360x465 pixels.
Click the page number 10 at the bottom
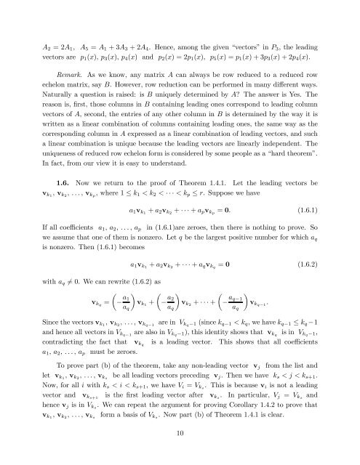coord(180,433)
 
